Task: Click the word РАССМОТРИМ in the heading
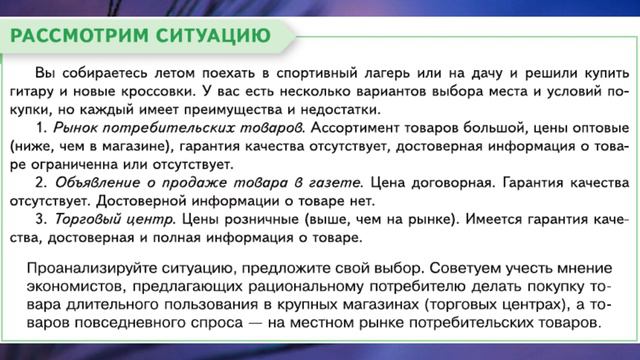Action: tap(78, 38)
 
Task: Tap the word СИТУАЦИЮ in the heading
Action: tap(212, 38)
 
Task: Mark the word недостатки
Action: tap(335, 109)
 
